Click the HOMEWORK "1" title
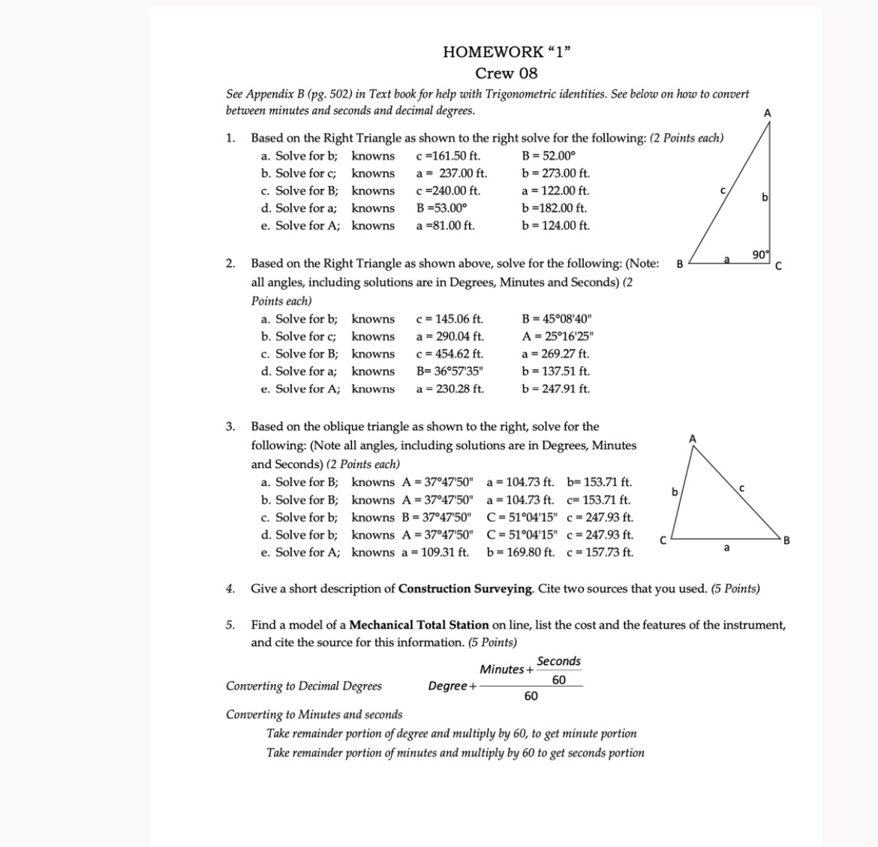click(507, 52)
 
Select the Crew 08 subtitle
click(507, 74)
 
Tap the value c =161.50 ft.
click(448, 156)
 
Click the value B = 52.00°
click(549, 156)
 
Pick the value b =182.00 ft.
click(555, 208)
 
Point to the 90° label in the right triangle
click(761, 255)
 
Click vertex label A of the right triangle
click(767, 113)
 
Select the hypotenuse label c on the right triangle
click(723, 191)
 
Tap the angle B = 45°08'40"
click(559, 319)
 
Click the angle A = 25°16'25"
click(559, 336)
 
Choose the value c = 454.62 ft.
click(450, 353)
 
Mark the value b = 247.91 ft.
click(556, 389)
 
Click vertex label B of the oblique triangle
click(786, 540)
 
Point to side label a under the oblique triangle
click(726, 548)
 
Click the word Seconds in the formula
click(558, 661)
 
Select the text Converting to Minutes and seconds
click(314, 714)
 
